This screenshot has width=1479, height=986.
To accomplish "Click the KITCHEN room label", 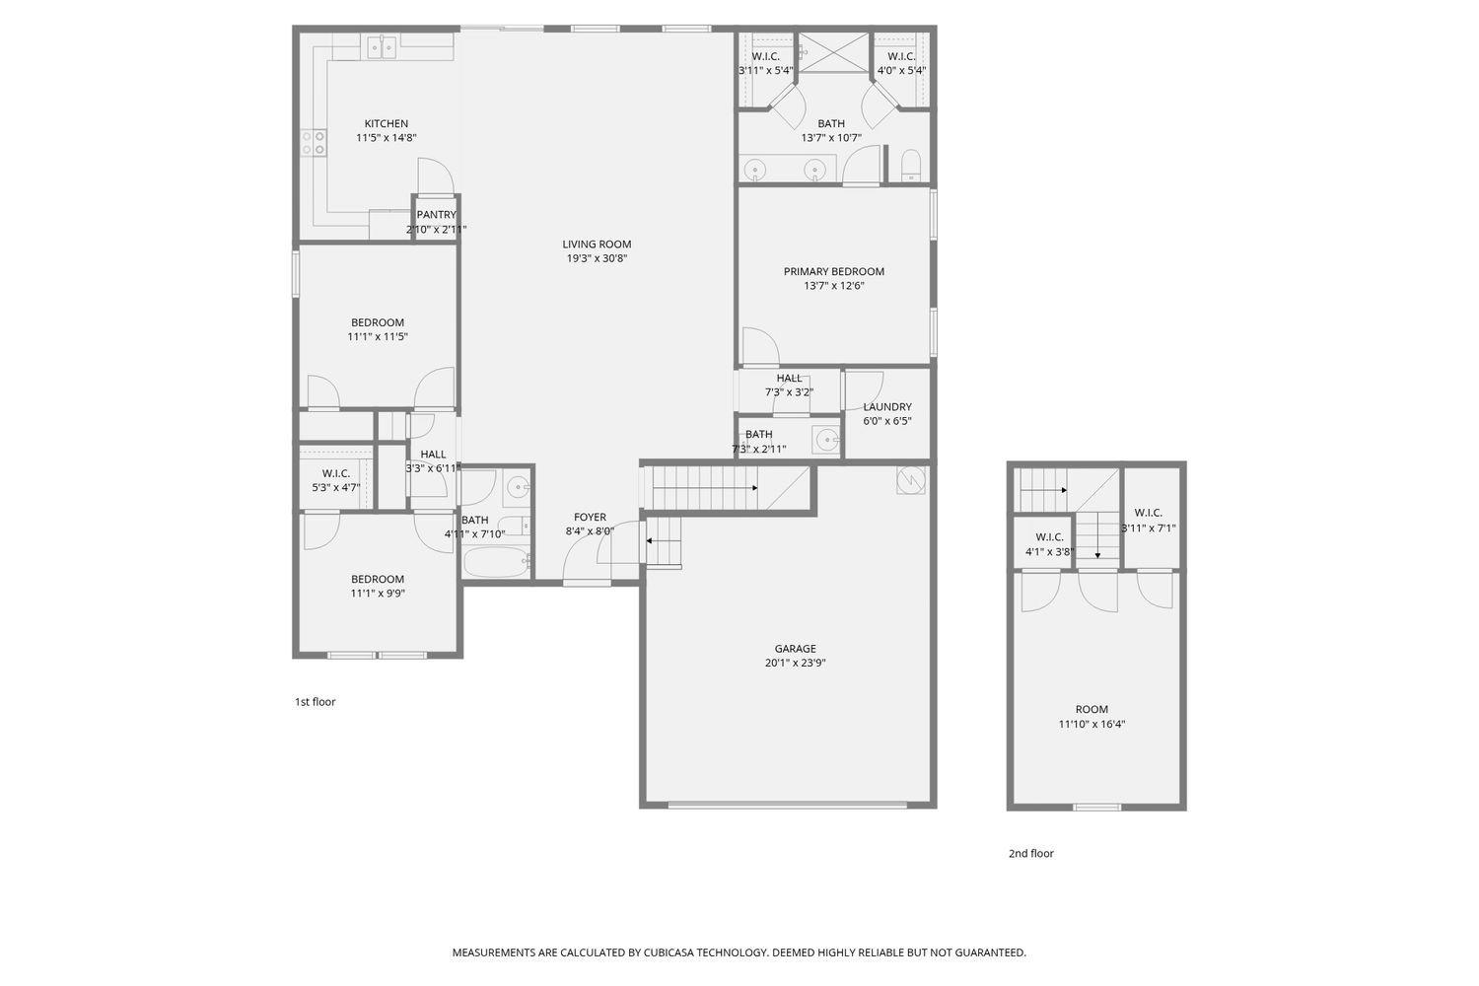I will click(386, 123).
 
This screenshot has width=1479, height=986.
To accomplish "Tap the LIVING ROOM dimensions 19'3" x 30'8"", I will click(597, 258).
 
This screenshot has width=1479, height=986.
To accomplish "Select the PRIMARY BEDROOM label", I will click(833, 271).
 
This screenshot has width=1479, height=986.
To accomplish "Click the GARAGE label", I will click(795, 649).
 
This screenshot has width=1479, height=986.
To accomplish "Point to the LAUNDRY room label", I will click(887, 406).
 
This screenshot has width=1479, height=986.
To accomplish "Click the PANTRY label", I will click(436, 215).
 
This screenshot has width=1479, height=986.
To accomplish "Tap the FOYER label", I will click(590, 517).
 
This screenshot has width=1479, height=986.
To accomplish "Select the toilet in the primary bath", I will click(910, 166).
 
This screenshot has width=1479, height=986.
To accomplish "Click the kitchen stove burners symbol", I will click(314, 143).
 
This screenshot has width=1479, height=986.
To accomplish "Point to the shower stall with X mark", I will click(833, 52).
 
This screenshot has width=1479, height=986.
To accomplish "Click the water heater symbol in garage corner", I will click(911, 480).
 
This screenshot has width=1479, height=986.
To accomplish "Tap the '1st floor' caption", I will click(315, 702).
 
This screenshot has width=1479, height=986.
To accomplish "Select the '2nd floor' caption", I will click(1030, 854).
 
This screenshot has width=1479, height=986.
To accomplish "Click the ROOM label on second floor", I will click(1092, 709).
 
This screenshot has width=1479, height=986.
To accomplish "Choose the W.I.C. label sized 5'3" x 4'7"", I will click(335, 473).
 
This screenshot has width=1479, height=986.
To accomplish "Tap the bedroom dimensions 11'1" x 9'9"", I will click(377, 594).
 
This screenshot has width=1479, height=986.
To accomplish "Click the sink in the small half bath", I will click(825, 440).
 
